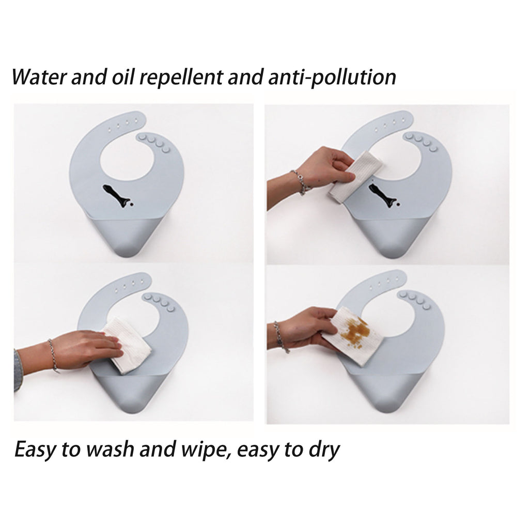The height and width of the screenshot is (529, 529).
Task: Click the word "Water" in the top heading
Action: [x=39, y=77]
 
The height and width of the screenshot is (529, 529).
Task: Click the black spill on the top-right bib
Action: [x=384, y=195]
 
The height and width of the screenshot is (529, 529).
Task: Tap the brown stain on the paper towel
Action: [x=356, y=332]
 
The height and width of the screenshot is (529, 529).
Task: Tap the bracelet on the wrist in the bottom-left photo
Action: [x=53, y=356]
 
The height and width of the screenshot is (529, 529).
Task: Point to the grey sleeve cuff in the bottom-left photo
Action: [x=18, y=371]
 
